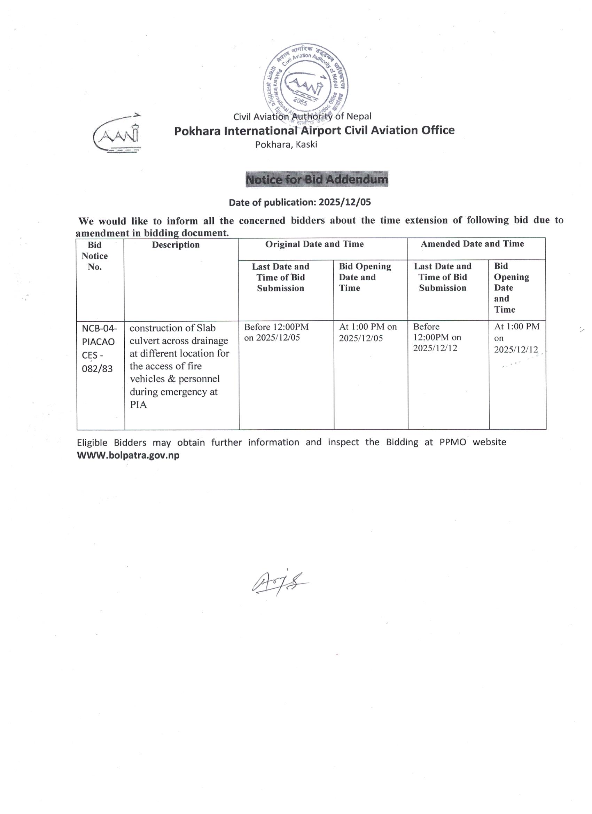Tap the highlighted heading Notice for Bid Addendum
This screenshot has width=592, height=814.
point(317,179)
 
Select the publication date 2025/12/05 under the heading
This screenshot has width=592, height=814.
point(345,202)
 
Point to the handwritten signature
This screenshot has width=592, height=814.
point(279,583)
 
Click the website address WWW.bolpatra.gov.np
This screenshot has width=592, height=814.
point(128,455)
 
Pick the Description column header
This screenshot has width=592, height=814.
point(176,245)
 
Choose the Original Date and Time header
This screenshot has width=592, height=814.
point(314,244)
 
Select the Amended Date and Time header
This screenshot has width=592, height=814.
point(472,244)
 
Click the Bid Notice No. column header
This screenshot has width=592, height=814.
point(94,256)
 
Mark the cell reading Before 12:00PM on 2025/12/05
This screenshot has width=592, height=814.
point(276,332)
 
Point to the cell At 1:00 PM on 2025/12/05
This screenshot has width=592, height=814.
point(368,332)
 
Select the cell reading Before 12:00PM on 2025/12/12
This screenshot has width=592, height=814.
point(437,337)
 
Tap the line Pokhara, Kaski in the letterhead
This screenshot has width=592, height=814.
point(286,144)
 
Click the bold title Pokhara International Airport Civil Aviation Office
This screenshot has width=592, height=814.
point(314,130)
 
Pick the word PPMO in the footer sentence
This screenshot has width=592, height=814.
point(452,442)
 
